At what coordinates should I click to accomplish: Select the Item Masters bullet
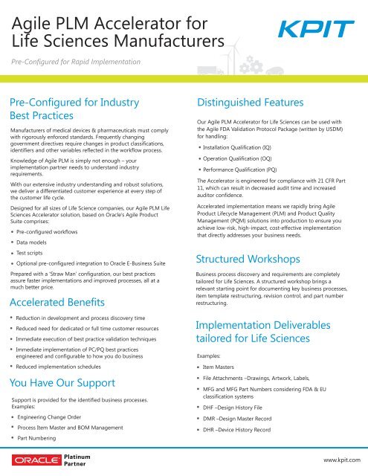224,367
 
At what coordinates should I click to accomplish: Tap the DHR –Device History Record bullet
245,437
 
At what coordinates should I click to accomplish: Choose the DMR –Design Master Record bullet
246,423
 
